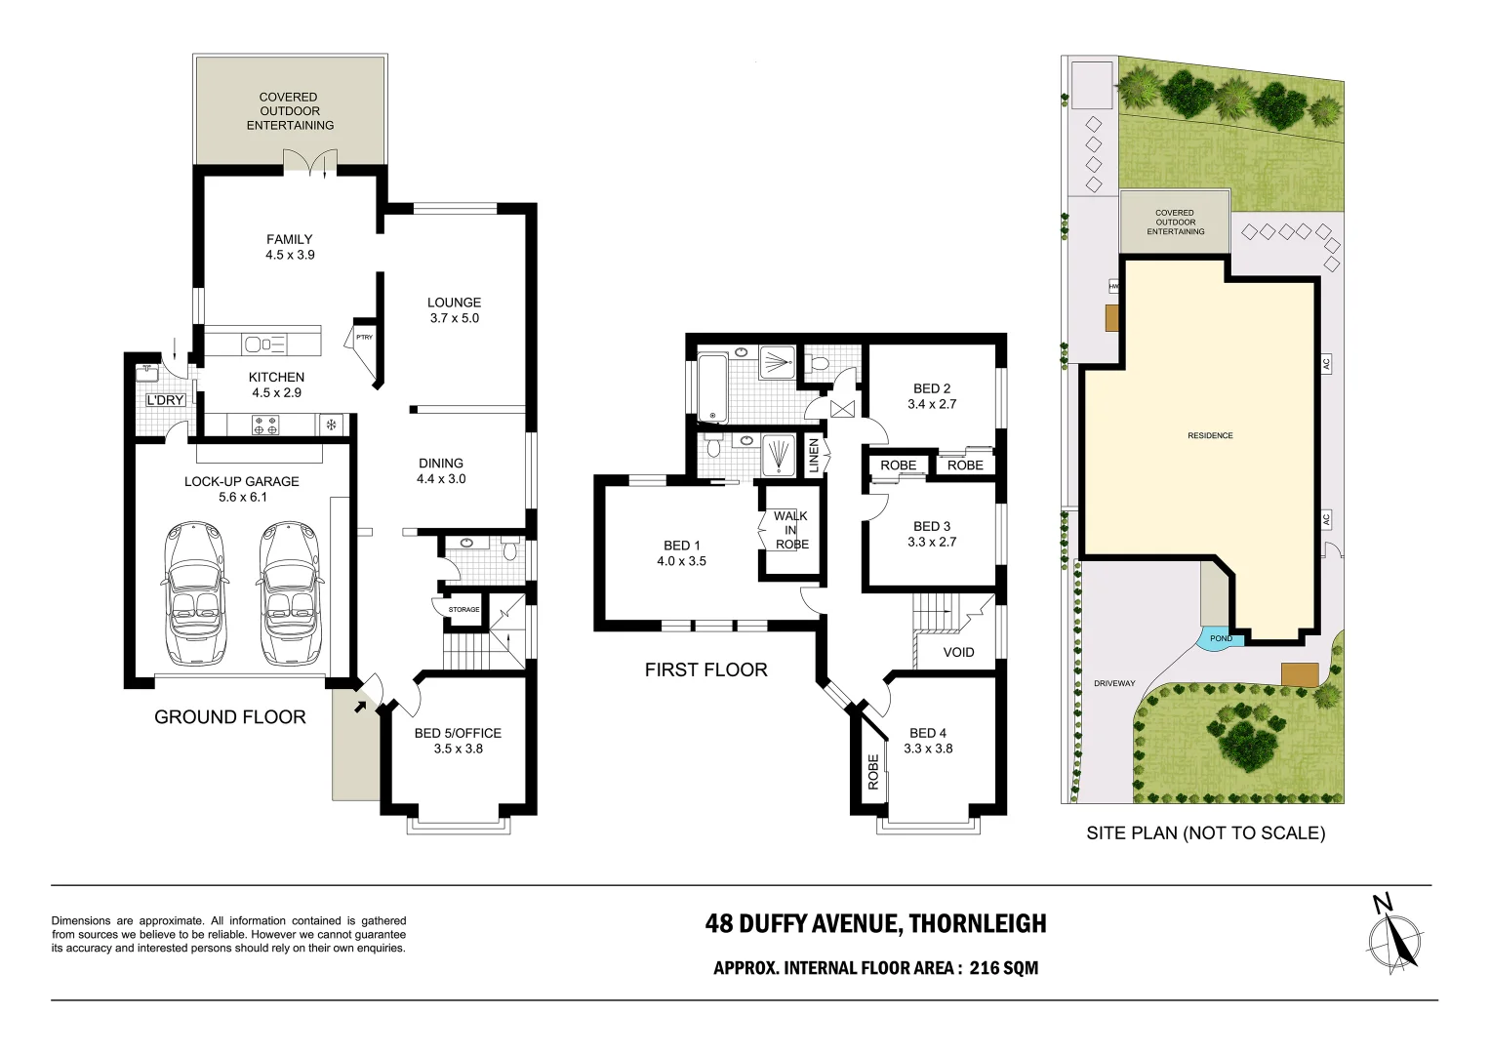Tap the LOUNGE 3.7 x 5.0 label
click(x=454, y=310)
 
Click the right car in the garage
click(x=289, y=592)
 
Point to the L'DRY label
click(x=165, y=400)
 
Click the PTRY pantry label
click(x=364, y=337)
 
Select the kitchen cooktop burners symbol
click(x=265, y=425)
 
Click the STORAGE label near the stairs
click(x=463, y=609)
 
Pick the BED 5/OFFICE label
click(x=458, y=741)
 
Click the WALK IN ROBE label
click(x=791, y=530)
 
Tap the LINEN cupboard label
click(x=814, y=456)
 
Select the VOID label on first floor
click(x=958, y=652)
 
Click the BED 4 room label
click(x=928, y=741)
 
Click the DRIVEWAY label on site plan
click(x=1114, y=683)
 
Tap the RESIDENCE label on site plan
click(x=1210, y=435)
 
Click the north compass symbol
click(x=1393, y=936)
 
